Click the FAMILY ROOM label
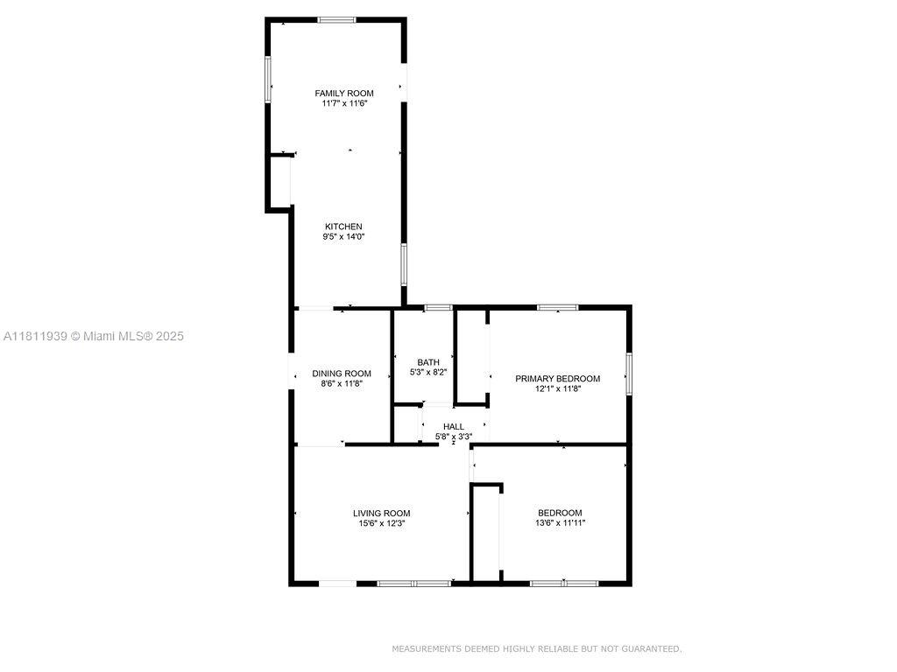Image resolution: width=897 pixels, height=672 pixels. click(343, 93)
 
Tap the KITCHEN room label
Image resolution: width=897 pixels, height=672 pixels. click(343, 227)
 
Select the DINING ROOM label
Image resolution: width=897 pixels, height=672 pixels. click(342, 374)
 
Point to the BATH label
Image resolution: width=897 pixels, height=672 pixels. click(428, 362)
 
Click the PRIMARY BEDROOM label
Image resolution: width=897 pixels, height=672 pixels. click(558, 378)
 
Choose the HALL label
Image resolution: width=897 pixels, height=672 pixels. click(454, 427)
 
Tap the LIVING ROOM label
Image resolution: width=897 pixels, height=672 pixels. click(382, 513)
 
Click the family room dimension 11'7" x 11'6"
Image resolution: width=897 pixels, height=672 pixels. click(343, 103)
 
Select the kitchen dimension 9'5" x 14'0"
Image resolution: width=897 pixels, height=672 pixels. click(343, 236)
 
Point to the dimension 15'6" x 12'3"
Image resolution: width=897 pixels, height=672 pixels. click(382, 523)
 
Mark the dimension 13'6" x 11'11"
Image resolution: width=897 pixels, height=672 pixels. click(560, 522)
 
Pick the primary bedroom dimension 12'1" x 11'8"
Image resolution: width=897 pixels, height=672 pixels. click(558, 388)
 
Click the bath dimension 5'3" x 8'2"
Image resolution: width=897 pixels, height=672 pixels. click(428, 372)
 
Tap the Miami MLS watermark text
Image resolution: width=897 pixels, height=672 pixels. click(93, 336)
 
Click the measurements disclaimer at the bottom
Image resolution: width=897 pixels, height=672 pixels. click(537, 648)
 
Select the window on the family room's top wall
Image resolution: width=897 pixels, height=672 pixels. click(337, 20)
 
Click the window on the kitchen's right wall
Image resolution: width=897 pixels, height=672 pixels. click(403, 264)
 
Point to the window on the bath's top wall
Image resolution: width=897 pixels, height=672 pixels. click(438, 307)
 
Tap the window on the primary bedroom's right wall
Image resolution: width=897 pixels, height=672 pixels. click(629, 374)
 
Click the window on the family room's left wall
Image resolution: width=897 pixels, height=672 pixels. click(268, 80)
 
